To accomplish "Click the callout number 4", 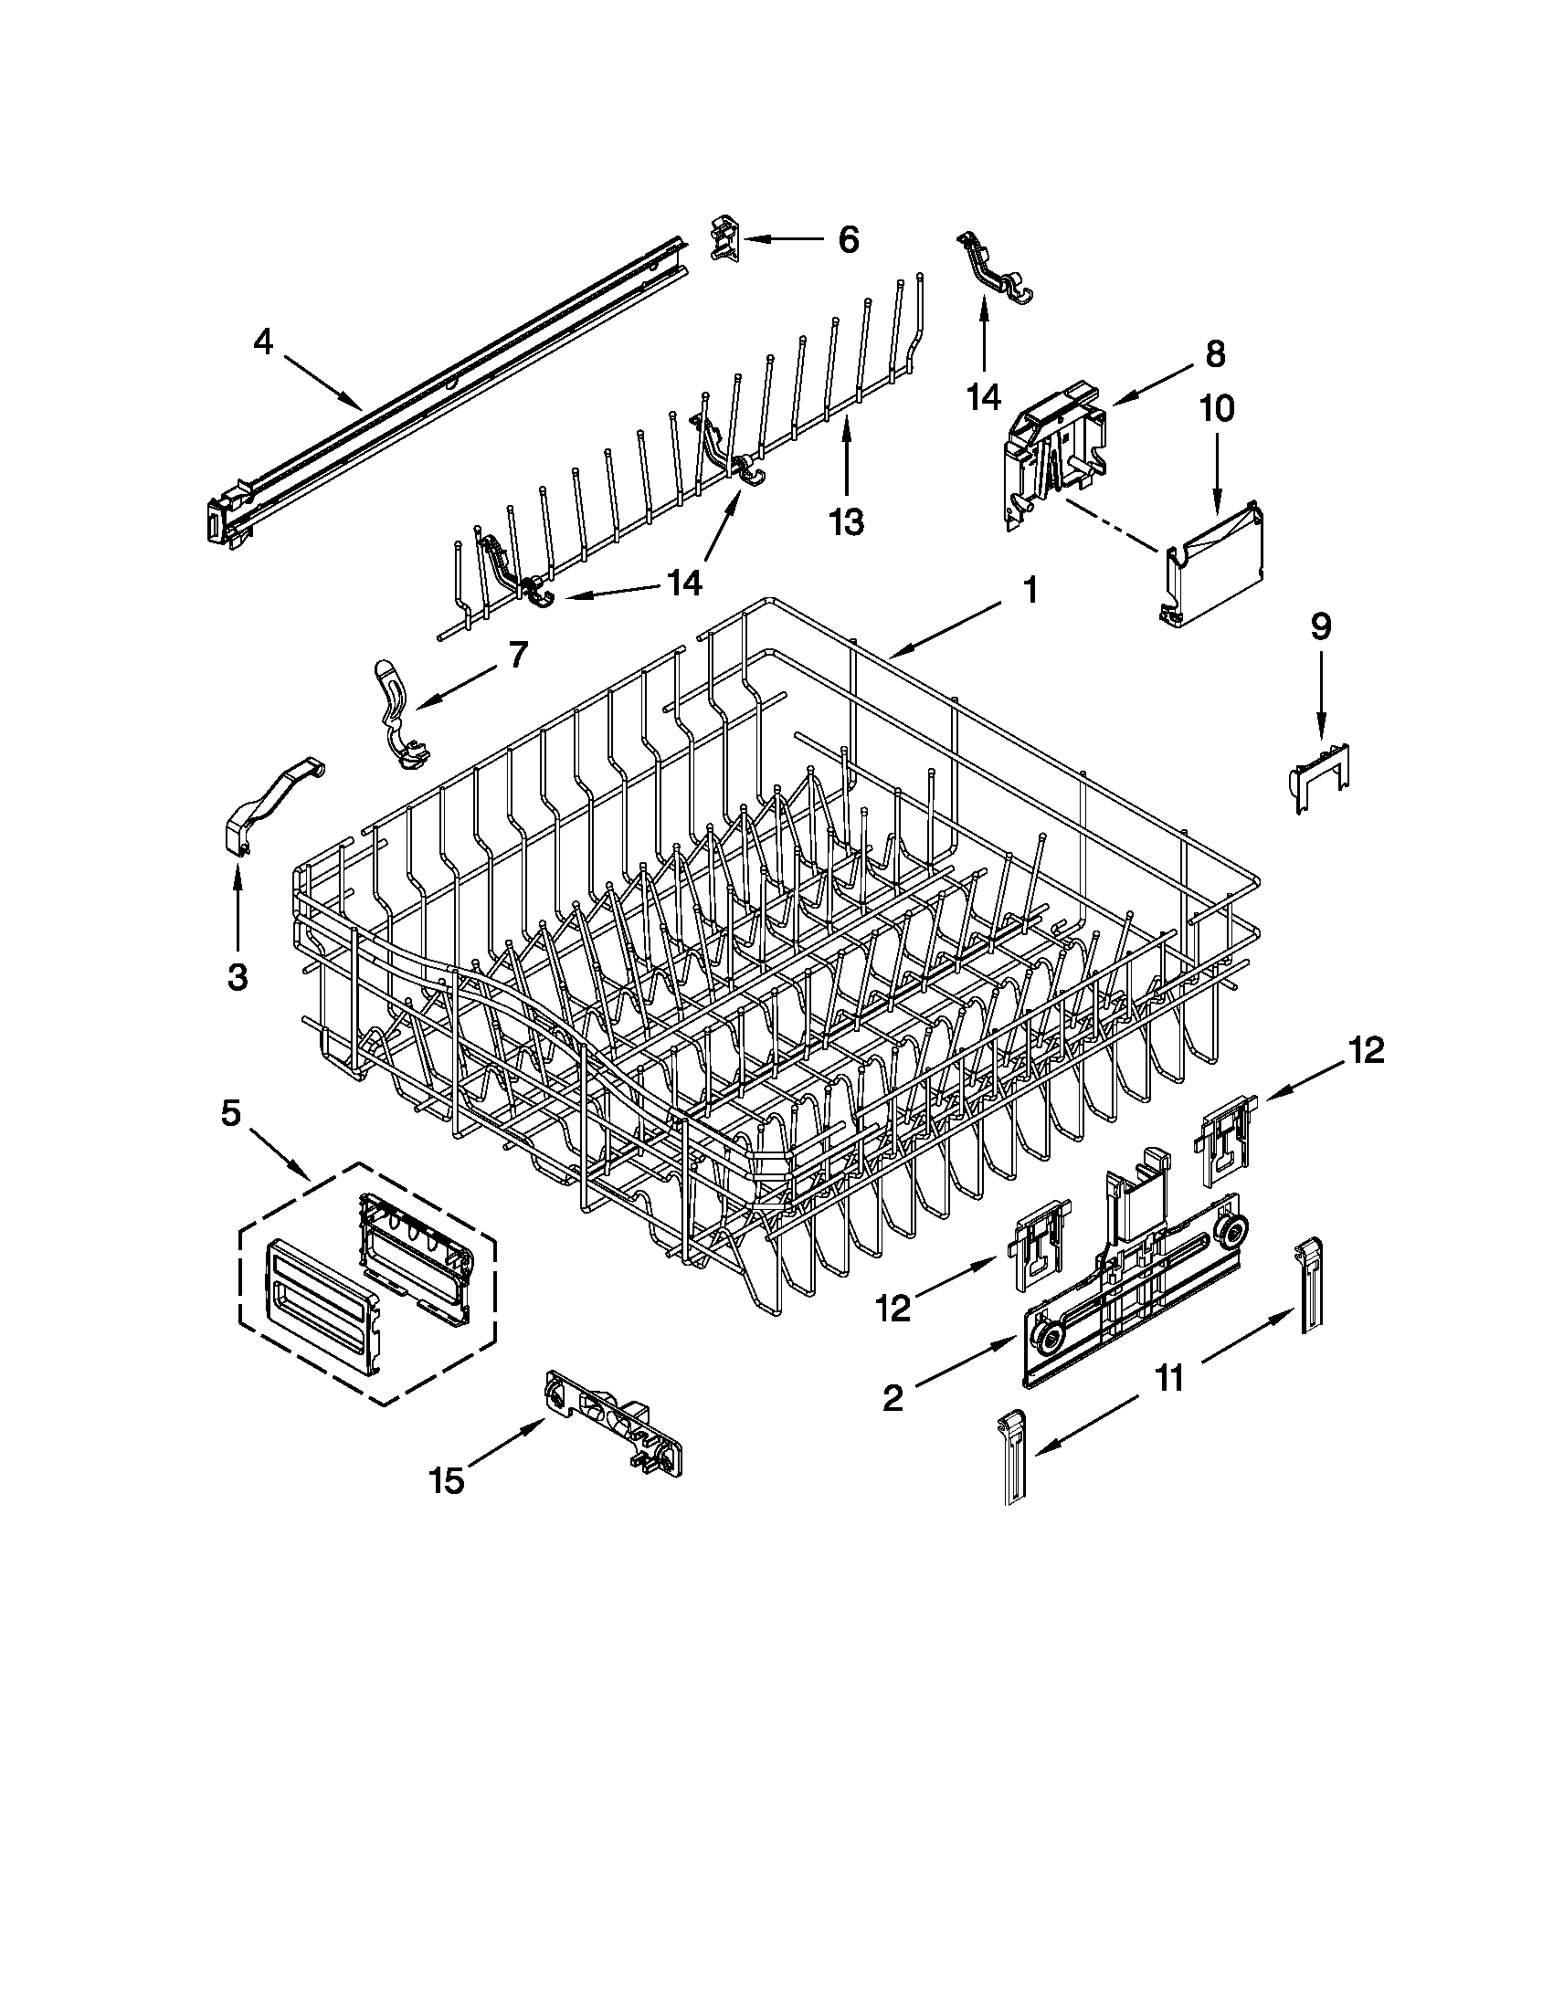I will pyautogui.click(x=263, y=342).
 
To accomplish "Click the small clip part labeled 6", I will pyautogui.click(x=725, y=241).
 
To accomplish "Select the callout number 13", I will pyautogui.click(x=847, y=521).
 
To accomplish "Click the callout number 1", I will pyautogui.click(x=1030, y=590).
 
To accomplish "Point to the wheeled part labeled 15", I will pyautogui.click(x=614, y=1433).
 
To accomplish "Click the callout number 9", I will pyautogui.click(x=1320, y=627).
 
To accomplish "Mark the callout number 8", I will pyautogui.click(x=1214, y=354).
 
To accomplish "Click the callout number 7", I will pyautogui.click(x=517, y=655).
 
